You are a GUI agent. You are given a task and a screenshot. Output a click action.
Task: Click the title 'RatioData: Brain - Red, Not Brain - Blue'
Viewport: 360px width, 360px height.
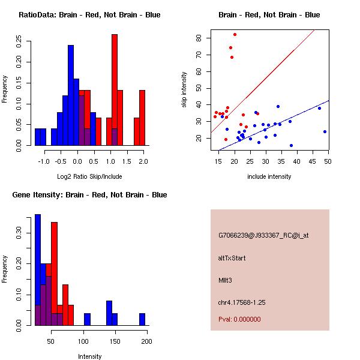89,15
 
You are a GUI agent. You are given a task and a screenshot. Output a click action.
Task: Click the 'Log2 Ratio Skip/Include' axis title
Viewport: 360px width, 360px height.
89,176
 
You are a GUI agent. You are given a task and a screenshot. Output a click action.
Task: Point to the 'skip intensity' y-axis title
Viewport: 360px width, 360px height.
184,90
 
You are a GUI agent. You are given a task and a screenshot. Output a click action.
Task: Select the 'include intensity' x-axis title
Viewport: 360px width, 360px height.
269,176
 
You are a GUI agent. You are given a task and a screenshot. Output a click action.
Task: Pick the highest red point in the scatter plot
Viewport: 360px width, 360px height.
235,34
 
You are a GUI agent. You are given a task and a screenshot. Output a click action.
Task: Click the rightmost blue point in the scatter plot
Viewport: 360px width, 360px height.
325,131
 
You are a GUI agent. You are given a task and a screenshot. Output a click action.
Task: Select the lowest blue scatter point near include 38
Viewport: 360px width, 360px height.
291,145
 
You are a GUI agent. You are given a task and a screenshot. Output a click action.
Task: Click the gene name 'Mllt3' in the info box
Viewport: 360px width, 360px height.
226,280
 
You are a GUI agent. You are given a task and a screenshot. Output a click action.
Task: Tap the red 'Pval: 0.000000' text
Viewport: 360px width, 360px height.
239,319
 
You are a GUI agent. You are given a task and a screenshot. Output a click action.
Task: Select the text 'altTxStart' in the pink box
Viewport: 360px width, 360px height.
232,258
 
